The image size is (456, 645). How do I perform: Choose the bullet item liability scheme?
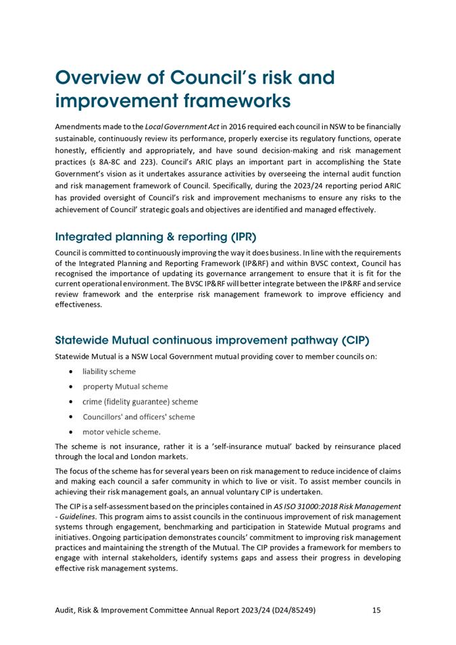click(x=109, y=371)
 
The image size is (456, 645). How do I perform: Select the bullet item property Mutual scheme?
click(x=125, y=386)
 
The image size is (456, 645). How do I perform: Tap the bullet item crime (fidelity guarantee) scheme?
click(x=140, y=401)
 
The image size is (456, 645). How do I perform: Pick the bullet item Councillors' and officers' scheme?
click(x=138, y=417)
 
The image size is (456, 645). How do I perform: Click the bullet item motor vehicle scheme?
click(x=122, y=432)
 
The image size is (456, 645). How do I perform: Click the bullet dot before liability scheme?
click(x=72, y=371)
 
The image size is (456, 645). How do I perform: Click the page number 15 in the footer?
click(x=376, y=610)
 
